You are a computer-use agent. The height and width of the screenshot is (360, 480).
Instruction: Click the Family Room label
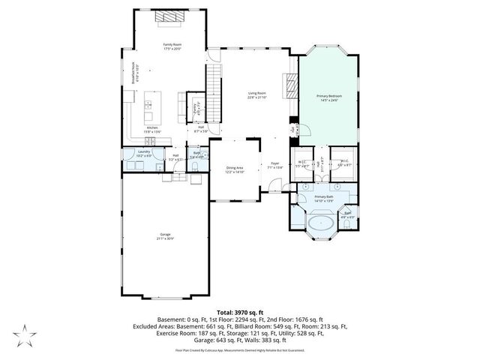point(173,46)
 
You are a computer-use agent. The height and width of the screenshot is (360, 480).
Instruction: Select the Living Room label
point(258,95)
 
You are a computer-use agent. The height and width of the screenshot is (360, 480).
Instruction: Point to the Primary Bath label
point(324,198)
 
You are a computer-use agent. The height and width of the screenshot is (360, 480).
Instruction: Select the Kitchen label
point(152,129)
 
